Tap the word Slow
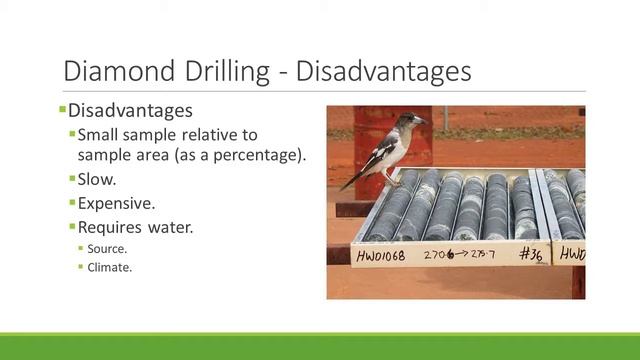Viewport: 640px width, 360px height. pos(97,179)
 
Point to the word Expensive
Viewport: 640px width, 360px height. pos(116,203)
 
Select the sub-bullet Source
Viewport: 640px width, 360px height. pos(107,248)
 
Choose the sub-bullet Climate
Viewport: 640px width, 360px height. pos(110,267)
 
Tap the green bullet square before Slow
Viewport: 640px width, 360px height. pos(72,179)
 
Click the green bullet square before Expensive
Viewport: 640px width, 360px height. pos(72,203)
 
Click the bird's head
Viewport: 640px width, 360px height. pos(408,122)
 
